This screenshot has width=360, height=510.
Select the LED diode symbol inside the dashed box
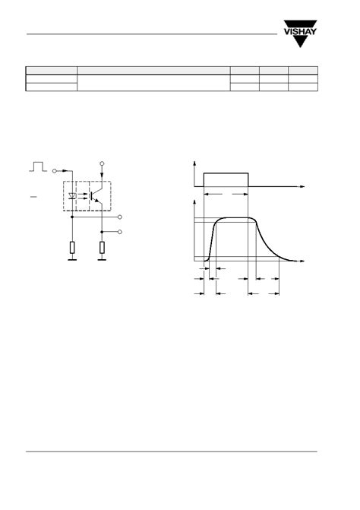[72, 195]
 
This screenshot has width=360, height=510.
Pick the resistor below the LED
[72, 247]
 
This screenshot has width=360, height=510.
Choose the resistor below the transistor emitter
[103, 247]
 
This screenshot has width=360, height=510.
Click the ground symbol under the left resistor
[72, 261]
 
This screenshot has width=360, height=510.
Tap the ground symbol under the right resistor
[103, 261]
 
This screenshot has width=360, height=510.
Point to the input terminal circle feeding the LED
[55, 172]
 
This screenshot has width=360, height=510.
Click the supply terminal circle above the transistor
[103, 163]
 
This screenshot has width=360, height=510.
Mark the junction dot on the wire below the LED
[72, 217]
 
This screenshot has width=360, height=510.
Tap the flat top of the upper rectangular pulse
[226, 173]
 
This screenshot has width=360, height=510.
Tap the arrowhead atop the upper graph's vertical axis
[197, 163]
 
